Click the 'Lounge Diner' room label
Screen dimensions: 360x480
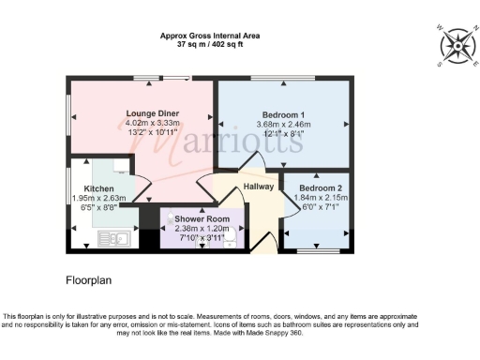pyautogui.click(x=153, y=113)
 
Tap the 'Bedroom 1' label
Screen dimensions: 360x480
pyautogui.click(x=282, y=114)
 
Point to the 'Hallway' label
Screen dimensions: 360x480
pyautogui.click(x=258, y=187)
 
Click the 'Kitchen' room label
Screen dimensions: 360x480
pyautogui.click(x=98, y=188)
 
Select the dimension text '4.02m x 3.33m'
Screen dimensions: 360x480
pyautogui.click(x=153, y=123)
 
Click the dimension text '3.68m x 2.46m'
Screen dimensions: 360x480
pyautogui.click(x=282, y=124)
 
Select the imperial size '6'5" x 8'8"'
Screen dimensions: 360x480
pyautogui.click(x=98, y=207)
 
